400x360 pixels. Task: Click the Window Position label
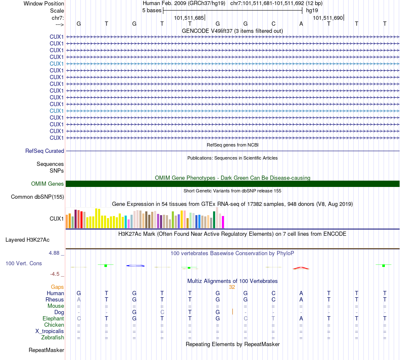pyautogui.click(x=44, y=3)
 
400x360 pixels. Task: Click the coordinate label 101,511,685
pyautogui.click(x=189, y=18)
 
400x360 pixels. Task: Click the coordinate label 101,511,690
pyautogui.click(x=328, y=18)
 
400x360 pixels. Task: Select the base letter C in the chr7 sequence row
pyautogui.click(x=273, y=24)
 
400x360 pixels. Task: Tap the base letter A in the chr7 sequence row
pyautogui.click(x=301, y=24)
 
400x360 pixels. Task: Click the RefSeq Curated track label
pyautogui.click(x=45, y=151)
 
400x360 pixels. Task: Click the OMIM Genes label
pyautogui.click(x=48, y=184)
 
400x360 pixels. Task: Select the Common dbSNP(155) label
pyautogui.click(x=37, y=197)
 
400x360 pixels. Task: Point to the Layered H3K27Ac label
pyautogui.click(x=27, y=240)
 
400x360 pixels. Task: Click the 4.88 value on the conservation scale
pyautogui.click(x=55, y=253)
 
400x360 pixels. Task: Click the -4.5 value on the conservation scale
pyautogui.click(x=56, y=274)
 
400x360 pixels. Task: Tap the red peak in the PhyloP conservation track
pyautogui.click(x=301, y=268)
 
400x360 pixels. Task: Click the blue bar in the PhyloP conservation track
pyautogui.click(x=135, y=266)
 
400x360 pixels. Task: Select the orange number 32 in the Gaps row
pyautogui.click(x=232, y=287)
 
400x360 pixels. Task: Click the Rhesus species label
pyautogui.click(x=55, y=299)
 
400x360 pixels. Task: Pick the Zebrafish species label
pyautogui.click(x=53, y=337)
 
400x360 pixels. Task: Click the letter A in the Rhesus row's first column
pyautogui.click(x=79, y=299)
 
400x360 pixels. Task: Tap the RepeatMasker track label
pyautogui.click(x=46, y=350)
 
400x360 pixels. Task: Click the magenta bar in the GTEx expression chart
pyautogui.click(x=223, y=222)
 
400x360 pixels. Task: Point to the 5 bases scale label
pyautogui.click(x=152, y=10)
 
